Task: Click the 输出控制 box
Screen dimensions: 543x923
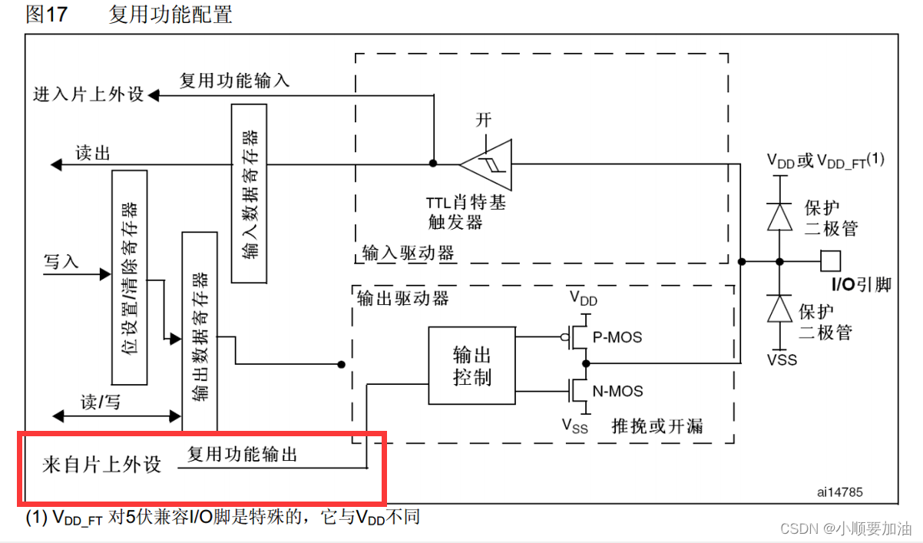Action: tap(471, 366)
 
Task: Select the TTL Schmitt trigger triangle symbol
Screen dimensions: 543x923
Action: tap(486, 164)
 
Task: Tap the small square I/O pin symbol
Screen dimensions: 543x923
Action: tap(831, 261)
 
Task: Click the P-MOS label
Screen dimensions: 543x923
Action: tap(617, 336)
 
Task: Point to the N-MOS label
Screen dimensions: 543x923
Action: tap(617, 390)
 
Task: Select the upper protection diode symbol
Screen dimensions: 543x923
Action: tap(781, 217)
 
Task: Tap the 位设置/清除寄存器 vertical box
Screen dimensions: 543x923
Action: tap(130, 277)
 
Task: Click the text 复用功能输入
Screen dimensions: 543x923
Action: tap(234, 80)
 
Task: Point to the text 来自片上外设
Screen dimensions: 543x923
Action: tap(101, 465)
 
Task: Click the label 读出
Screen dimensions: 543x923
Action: tap(93, 153)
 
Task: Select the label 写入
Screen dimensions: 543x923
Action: tap(61, 261)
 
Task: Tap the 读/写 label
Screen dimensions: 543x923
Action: tap(101, 402)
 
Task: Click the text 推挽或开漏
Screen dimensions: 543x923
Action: tap(657, 425)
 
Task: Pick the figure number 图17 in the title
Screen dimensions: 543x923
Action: tap(46, 15)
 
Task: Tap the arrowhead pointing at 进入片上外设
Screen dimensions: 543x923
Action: tap(154, 95)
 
